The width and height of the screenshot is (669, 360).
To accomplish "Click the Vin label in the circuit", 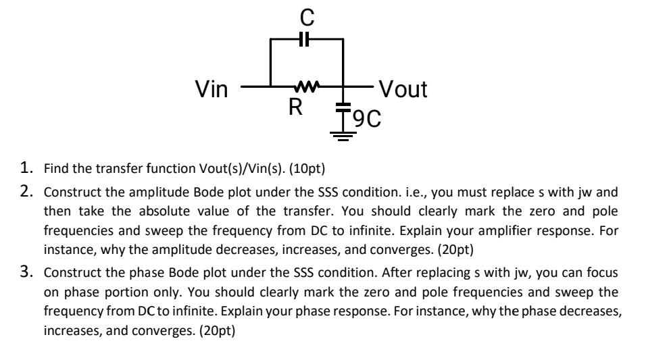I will [x=211, y=89].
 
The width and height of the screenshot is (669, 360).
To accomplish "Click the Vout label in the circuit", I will [x=403, y=89].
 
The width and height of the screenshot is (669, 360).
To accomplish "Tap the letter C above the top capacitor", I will [x=305, y=14].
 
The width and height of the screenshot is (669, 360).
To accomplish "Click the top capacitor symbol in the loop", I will [x=305, y=39].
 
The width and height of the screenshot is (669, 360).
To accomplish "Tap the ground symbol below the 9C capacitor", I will [x=343, y=135].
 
